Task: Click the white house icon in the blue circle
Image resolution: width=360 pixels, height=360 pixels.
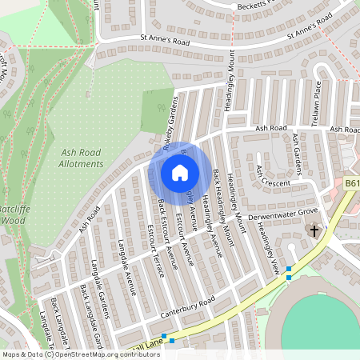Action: tap(179, 172)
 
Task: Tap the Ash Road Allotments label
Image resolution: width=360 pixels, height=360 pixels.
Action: tap(82, 158)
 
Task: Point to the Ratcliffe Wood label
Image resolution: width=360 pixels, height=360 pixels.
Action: tap(15, 214)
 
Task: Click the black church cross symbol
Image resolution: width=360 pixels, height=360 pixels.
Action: tap(314, 231)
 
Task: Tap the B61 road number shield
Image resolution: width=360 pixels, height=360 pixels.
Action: tap(352, 184)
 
